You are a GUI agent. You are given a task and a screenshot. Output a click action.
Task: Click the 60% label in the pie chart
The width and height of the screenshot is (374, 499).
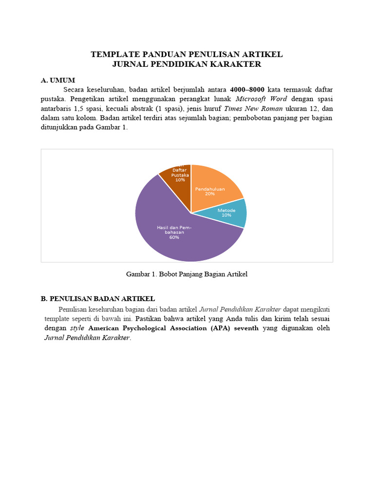[x=174, y=238]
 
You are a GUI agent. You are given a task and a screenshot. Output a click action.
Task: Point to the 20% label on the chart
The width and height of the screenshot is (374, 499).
[x=210, y=193]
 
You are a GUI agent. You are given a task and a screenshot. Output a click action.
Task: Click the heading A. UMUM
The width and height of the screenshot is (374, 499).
[x=58, y=80]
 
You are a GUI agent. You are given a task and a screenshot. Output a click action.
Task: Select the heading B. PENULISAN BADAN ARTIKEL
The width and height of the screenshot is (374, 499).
[x=98, y=299]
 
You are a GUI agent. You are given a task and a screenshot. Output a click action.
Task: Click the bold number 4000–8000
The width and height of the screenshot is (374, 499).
[x=247, y=90]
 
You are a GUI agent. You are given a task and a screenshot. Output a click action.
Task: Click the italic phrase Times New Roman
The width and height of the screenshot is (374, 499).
[x=253, y=109]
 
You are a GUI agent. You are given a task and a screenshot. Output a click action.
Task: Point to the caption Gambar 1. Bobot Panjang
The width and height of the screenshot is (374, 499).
[x=187, y=274]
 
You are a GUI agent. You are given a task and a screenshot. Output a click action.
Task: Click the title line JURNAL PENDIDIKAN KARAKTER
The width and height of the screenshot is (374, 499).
[x=187, y=64]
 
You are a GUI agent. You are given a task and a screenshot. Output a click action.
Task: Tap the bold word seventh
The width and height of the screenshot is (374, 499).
[x=246, y=328]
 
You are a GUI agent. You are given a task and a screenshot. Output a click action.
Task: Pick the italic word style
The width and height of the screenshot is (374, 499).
[x=77, y=328]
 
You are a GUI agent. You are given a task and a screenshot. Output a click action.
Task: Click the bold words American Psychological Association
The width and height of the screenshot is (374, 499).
[x=149, y=328]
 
